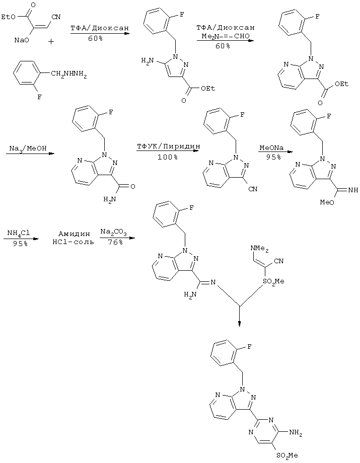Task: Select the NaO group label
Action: click(22, 40)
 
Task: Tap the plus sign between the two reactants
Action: click(51, 42)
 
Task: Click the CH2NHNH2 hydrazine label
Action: click(69, 73)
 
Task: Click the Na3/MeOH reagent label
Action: click(28, 148)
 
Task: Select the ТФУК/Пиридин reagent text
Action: click(168, 146)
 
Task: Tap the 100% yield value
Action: click(168, 157)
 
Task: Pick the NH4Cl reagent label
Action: click(19, 233)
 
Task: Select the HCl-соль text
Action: click(73, 242)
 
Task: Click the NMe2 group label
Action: click(260, 249)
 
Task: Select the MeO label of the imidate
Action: click(327, 202)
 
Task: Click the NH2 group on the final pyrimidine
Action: click(296, 433)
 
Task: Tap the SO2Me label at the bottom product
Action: click(287, 455)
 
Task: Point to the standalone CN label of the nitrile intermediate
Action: click(253, 189)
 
